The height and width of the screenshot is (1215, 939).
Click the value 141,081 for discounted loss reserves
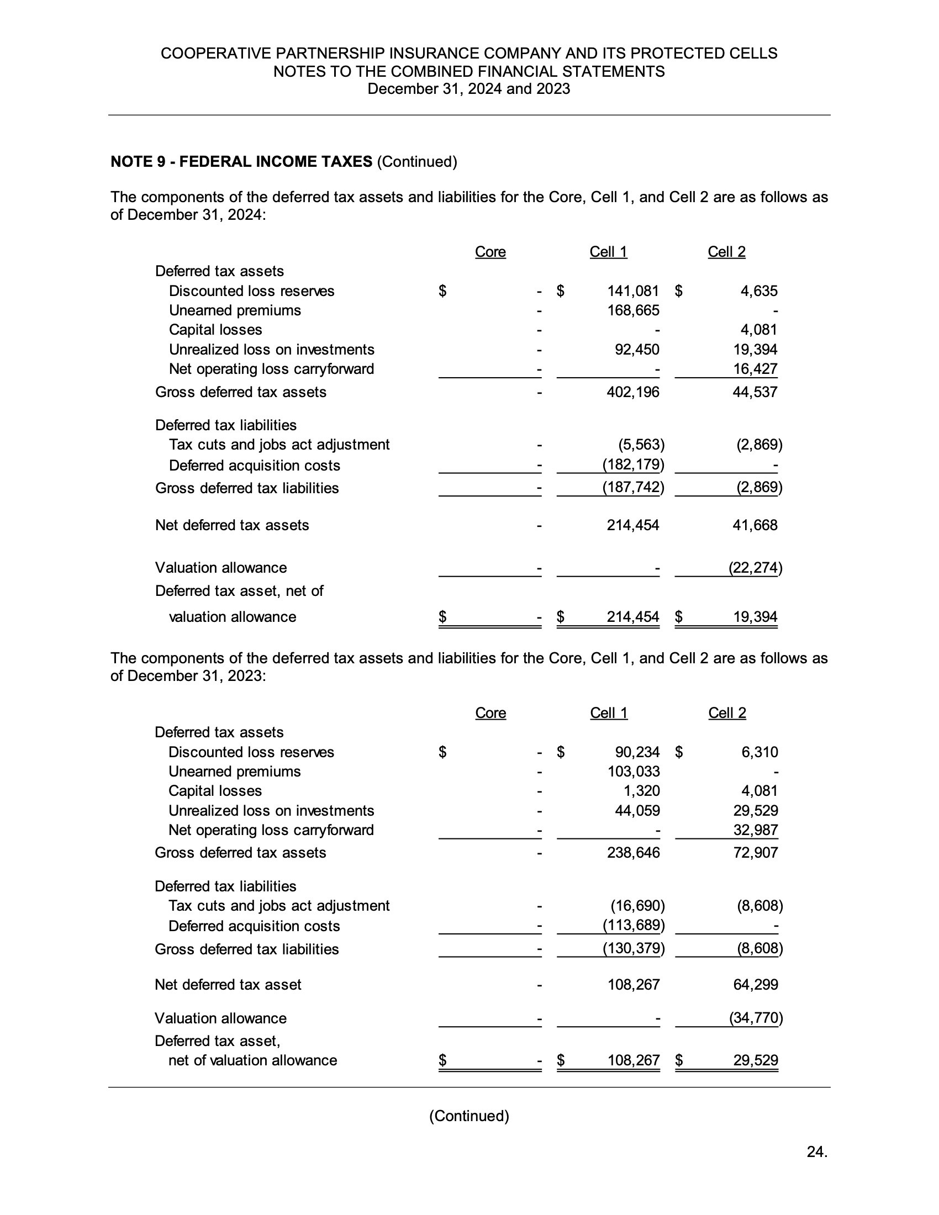(x=632, y=291)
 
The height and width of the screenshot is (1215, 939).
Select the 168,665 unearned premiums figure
(x=632, y=310)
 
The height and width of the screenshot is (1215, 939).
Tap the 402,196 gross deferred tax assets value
(x=632, y=392)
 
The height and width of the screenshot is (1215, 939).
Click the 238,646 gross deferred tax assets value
(x=633, y=853)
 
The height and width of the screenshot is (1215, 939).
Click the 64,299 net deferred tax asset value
(x=755, y=985)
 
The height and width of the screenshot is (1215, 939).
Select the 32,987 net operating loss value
(x=755, y=830)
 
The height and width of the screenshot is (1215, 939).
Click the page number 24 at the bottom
(x=816, y=1151)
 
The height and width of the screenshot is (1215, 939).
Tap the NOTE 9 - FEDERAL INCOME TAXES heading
(x=241, y=162)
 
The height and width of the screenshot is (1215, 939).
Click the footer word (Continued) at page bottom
(x=469, y=1116)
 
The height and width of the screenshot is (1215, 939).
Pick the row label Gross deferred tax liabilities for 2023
(x=246, y=949)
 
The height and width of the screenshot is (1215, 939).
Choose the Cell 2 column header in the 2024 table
(x=726, y=252)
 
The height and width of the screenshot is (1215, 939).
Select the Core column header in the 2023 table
(x=490, y=713)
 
